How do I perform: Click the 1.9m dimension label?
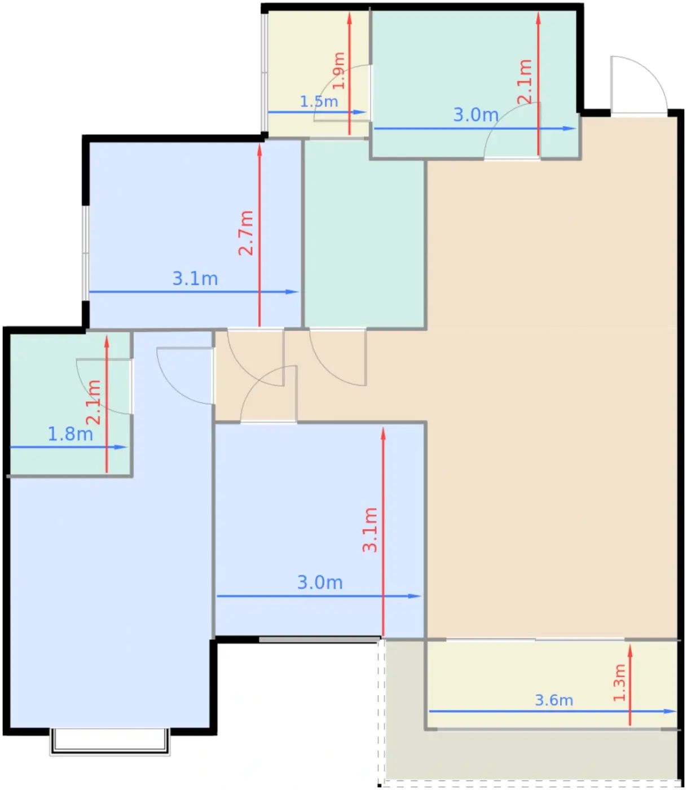(x=338, y=71)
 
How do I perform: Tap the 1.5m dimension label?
(x=319, y=102)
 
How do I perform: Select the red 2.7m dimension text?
(x=246, y=233)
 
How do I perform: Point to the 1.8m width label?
(x=71, y=434)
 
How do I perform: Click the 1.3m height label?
(x=619, y=682)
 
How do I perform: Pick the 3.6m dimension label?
(x=554, y=700)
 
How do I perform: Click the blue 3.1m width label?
(x=195, y=278)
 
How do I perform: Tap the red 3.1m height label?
(x=370, y=529)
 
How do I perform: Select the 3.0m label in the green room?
(x=475, y=115)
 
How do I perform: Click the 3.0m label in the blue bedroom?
(x=320, y=582)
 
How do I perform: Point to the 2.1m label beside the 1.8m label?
(x=93, y=402)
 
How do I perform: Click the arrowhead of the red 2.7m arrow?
(x=259, y=150)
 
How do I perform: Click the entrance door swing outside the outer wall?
(x=638, y=85)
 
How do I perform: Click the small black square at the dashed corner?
(x=380, y=785)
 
